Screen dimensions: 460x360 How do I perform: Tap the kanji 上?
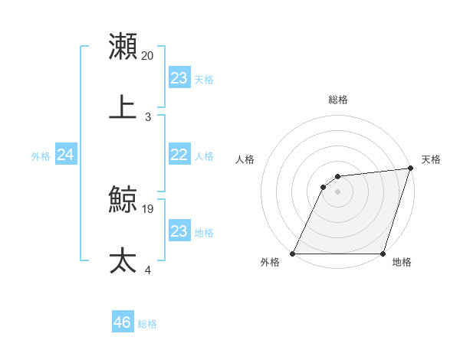tap(123, 107)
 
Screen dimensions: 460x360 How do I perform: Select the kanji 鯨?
tap(123, 200)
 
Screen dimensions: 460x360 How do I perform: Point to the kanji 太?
tap(123, 260)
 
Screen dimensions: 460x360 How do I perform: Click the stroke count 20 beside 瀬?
tap(148, 56)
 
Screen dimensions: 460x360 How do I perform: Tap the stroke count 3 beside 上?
tap(148, 117)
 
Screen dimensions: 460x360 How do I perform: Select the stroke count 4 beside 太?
tap(148, 270)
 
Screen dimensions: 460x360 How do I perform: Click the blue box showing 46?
tap(123, 322)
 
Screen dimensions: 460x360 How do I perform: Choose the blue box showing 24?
tap(66, 155)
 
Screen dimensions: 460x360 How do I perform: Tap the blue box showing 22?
tap(179, 155)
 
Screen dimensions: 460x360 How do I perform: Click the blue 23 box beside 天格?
tap(179, 78)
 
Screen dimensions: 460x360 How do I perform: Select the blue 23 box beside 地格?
tap(179, 231)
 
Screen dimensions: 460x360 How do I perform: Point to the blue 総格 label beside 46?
tap(148, 324)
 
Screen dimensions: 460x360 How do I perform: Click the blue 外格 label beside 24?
tap(41, 156)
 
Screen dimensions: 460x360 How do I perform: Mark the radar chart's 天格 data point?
tap(410, 169)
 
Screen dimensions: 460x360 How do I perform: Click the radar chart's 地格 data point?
tap(383, 254)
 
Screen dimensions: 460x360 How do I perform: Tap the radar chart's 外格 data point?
tap(293, 254)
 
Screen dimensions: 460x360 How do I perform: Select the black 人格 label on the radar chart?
tap(245, 159)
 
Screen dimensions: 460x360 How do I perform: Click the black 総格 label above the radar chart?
tap(337, 100)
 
